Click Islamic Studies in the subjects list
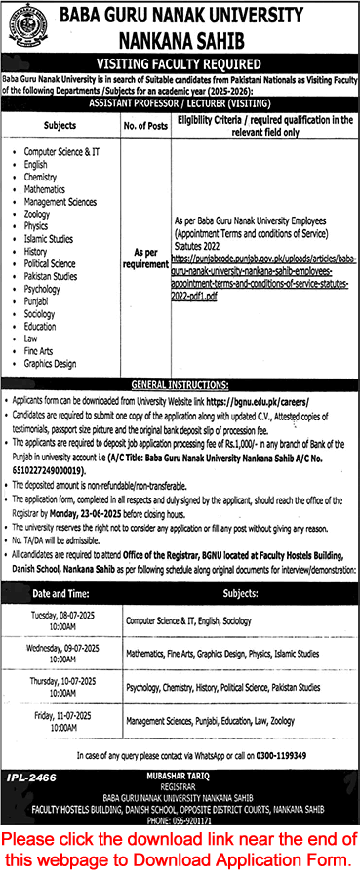[x=49, y=238]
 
